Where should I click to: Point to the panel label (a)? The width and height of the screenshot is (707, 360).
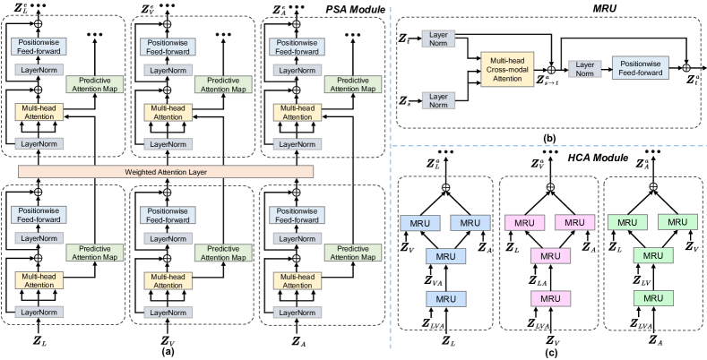[167, 352]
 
